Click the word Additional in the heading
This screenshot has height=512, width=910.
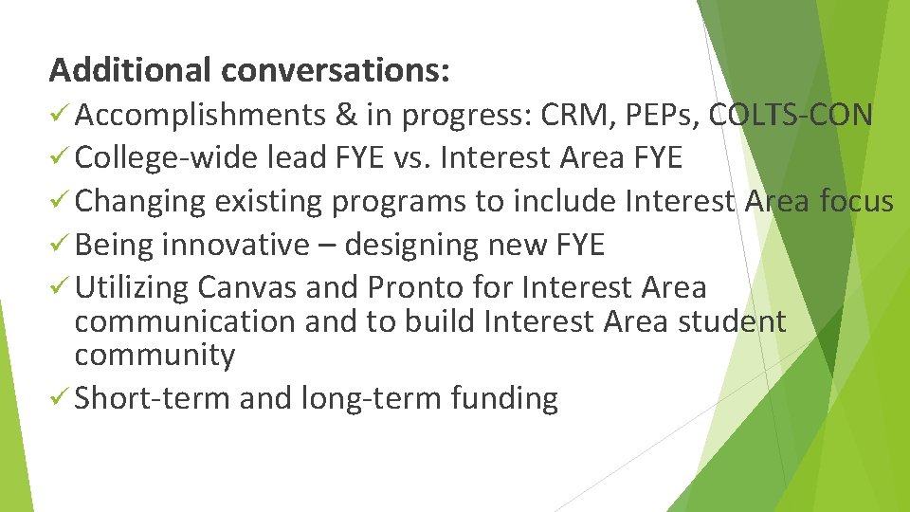pos(130,69)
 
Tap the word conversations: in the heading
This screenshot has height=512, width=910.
pos(336,69)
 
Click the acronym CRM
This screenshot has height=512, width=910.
pos(583,116)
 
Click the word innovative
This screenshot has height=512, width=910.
pos(236,246)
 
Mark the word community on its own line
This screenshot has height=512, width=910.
pos(155,357)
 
